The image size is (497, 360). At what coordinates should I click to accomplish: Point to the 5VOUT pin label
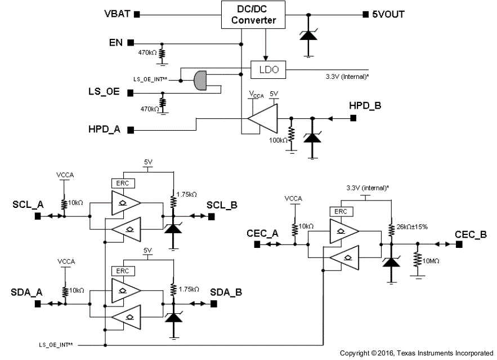coord(387,14)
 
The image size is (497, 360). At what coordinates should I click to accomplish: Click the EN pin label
coord(117,42)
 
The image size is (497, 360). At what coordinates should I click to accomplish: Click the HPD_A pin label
coord(105,130)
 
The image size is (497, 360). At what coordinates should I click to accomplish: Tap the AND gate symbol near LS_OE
coord(200,81)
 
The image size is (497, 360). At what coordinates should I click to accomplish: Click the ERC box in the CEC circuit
coord(341,211)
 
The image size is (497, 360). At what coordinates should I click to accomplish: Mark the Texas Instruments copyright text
coord(416,353)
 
